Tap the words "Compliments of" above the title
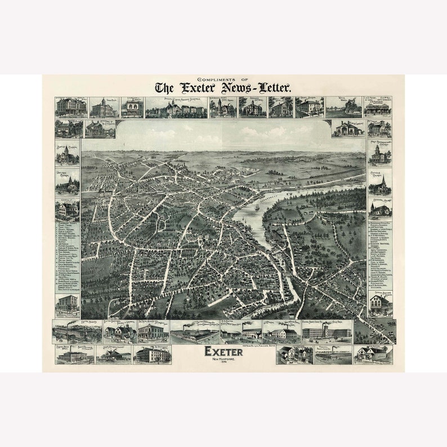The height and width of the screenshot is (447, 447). tap(223, 79)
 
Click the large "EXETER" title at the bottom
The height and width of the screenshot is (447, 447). tap(223, 352)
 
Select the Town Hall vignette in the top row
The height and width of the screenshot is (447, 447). tap(104, 108)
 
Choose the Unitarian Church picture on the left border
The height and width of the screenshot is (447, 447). tap(67, 183)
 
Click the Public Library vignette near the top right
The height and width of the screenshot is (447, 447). tap(347, 128)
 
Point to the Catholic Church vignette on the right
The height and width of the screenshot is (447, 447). tap(381, 183)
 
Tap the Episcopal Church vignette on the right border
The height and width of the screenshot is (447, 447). tap(381, 208)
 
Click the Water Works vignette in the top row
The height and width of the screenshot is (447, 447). tap(343, 108)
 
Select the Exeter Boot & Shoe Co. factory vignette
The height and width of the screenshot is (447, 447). tap(327, 332)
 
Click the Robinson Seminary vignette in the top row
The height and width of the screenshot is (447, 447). tap(252, 108)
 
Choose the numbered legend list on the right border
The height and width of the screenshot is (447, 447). tap(381, 253)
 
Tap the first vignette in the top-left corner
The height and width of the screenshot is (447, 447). tap(70, 108)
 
